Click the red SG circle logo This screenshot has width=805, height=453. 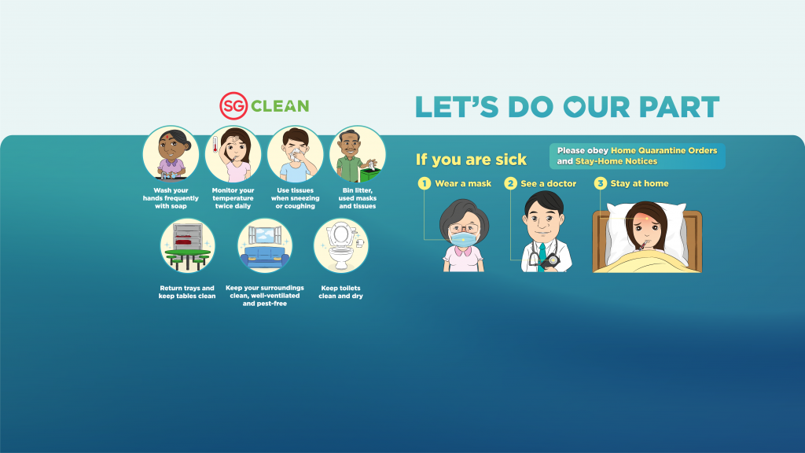point(233,106)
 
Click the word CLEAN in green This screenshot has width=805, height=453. point(280,106)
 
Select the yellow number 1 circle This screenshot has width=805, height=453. point(424,183)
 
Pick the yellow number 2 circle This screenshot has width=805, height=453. point(510,183)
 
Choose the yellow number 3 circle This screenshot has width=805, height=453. point(600,183)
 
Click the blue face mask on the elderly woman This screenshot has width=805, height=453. point(464,239)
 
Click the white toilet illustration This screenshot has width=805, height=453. point(340,246)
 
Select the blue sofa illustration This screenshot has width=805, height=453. point(265,256)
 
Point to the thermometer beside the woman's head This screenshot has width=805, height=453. point(215,145)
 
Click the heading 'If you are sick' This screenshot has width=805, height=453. point(472,160)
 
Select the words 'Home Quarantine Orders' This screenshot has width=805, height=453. point(663,150)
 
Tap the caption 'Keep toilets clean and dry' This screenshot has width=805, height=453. point(341,292)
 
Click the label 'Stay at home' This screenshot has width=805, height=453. point(639,183)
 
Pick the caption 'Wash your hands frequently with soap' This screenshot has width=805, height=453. point(171,198)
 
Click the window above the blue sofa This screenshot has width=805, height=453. point(265,234)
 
